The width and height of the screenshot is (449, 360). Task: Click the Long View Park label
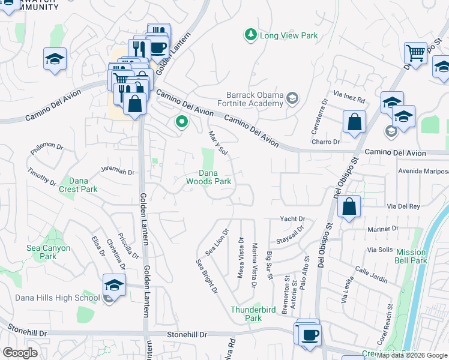289,35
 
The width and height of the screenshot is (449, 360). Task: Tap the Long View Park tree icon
250,35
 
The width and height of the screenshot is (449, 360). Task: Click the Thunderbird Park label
246,314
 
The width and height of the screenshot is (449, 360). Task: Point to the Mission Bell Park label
411,256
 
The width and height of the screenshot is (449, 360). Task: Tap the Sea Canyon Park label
48,252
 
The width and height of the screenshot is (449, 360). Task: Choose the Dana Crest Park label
78,185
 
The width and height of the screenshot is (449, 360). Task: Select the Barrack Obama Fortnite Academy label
255,99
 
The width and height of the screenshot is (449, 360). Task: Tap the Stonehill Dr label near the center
187,334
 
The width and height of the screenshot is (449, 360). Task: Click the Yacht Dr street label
293,219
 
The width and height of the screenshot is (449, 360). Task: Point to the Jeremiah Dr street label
118,172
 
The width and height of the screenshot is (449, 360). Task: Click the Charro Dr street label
326,142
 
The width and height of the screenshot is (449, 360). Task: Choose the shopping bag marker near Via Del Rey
349,207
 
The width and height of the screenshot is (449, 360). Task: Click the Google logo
20,353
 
